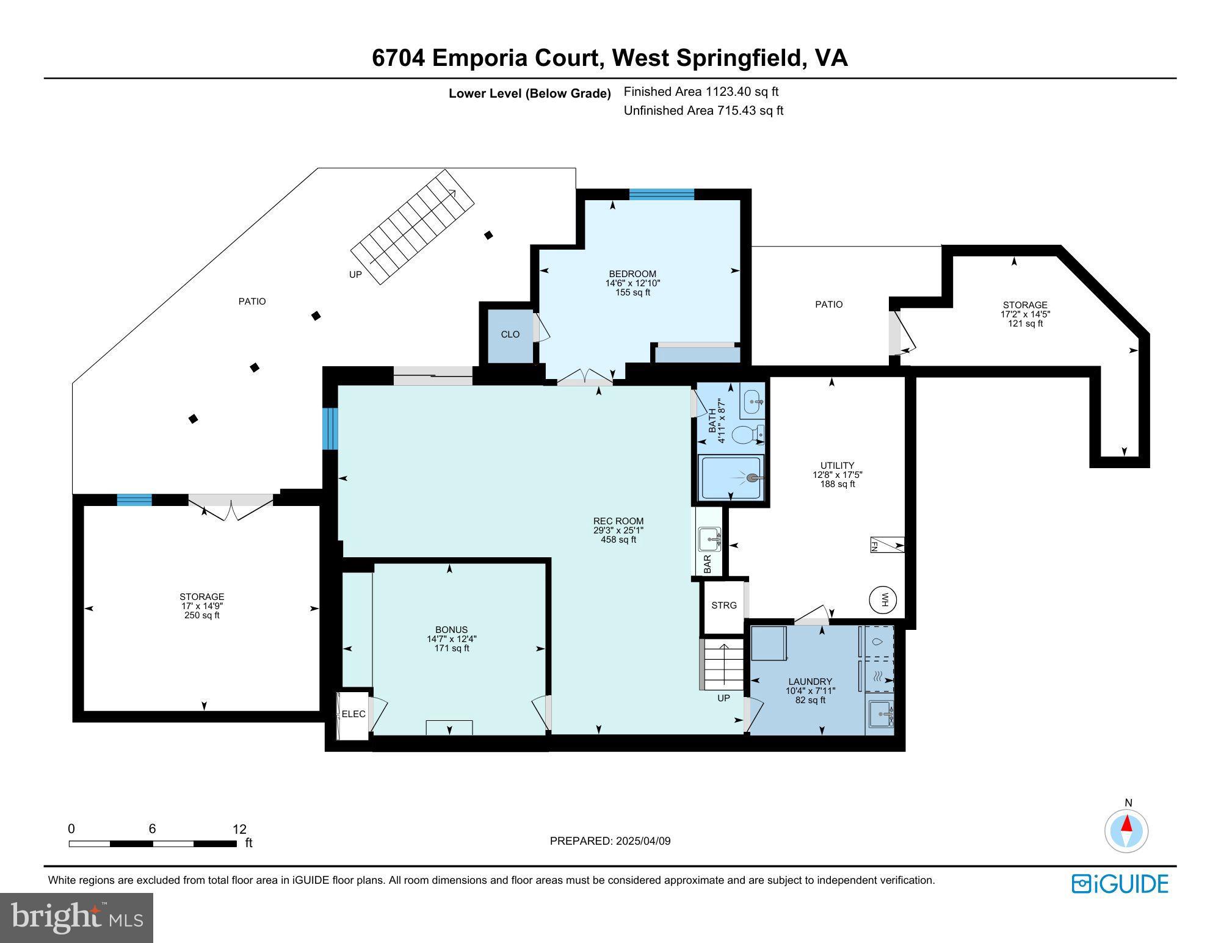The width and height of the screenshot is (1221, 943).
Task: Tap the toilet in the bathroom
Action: [746, 435]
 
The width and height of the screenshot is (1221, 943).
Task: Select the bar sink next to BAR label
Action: [710, 538]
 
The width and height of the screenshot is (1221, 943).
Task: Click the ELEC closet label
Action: [353, 714]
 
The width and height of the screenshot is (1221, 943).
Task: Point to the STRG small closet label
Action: [723, 605]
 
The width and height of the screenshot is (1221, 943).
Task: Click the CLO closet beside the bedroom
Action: [510, 334]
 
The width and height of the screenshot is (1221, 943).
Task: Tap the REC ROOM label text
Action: [618, 521]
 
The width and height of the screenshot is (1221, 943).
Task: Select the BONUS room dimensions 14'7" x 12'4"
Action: [452, 639]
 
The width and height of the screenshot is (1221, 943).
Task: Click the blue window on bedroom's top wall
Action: [662, 195]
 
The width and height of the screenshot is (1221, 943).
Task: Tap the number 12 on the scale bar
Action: [239, 829]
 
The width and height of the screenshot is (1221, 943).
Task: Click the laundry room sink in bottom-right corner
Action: [880, 712]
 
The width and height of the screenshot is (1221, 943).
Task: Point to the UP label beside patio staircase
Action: [355, 275]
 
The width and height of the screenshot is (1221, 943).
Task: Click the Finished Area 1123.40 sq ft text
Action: [701, 92]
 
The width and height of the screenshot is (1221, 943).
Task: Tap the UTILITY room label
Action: [837, 465]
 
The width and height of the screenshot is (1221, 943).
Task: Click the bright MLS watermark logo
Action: [76, 917]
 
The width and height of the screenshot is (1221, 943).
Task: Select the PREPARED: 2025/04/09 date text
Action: [610, 841]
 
